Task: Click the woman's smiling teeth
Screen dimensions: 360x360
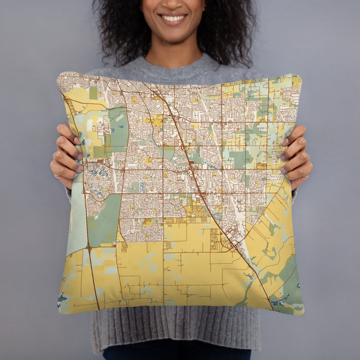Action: [173, 19]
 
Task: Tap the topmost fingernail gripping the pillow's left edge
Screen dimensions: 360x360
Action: [77, 140]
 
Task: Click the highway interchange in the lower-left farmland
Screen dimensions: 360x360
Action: [89, 248]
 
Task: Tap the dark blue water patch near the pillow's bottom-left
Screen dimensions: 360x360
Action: [62, 298]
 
